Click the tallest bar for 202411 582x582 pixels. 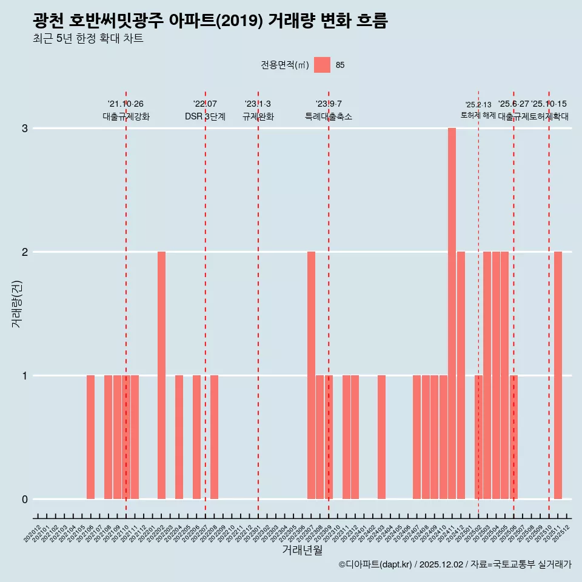tap(452, 313)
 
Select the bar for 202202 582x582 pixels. tap(161, 375)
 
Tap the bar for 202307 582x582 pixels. tap(311, 375)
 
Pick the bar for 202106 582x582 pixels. tap(90, 437)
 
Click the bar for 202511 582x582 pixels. tap(558, 375)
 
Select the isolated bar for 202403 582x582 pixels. tap(381, 437)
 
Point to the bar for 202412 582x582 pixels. tap(461, 375)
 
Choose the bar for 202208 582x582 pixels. tap(214, 437)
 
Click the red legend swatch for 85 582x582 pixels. tap(322, 65)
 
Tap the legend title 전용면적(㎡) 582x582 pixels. tap(285, 65)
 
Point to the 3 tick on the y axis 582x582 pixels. tap(25, 129)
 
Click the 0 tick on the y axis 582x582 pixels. tap(25, 500)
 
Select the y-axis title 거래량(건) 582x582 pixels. tap(16, 303)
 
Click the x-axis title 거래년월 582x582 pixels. tap(302, 550)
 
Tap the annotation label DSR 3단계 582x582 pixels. tap(205, 116)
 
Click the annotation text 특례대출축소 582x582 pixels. tap(328, 116)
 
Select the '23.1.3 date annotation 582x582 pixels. tap(258, 104)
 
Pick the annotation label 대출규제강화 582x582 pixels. tap(125, 116)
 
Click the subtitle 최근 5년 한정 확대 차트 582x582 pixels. tap(88, 39)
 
